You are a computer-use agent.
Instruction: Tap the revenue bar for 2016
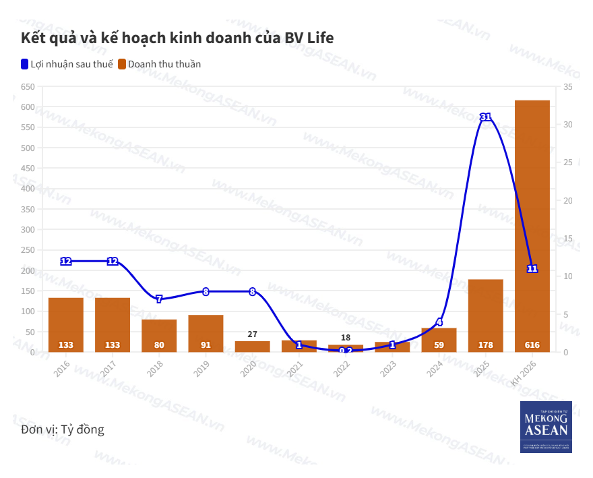(66, 324)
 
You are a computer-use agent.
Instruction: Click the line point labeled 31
(485, 117)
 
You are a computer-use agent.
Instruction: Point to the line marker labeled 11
(532, 268)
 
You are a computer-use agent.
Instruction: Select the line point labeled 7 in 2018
(159, 299)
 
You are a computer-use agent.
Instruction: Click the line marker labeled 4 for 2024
(439, 322)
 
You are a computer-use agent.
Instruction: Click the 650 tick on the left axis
(28, 87)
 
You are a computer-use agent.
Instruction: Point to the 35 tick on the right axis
(568, 87)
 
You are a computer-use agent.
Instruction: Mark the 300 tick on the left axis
(28, 230)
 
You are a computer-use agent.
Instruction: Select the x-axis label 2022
(342, 369)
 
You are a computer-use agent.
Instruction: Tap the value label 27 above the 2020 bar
(252, 334)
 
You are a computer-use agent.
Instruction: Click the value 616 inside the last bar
(532, 345)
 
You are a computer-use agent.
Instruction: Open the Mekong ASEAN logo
(546, 427)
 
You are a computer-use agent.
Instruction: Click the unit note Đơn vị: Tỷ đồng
(63, 429)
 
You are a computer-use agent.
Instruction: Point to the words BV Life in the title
(309, 38)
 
